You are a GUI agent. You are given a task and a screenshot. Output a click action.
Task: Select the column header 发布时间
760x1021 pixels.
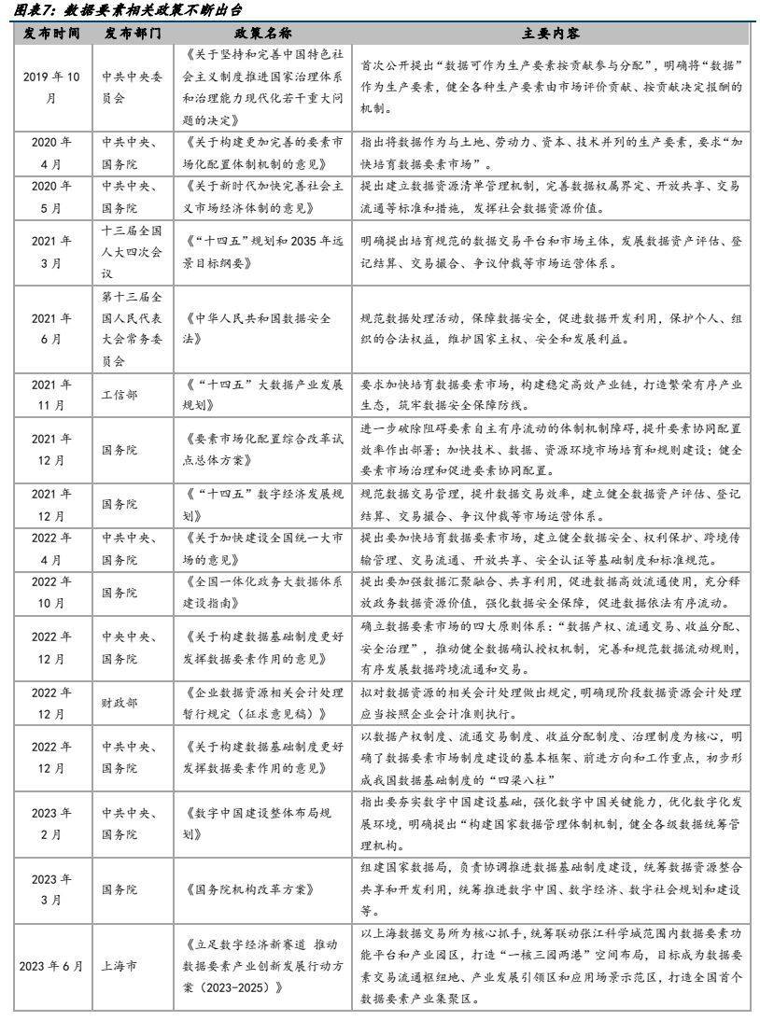51,33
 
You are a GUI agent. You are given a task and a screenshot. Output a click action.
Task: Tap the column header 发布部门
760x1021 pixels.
133,33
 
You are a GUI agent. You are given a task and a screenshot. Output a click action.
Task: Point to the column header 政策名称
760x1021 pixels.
263,33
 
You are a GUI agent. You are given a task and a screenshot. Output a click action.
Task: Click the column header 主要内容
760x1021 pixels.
552,33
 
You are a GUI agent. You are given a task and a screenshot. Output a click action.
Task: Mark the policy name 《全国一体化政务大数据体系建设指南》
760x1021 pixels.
263,593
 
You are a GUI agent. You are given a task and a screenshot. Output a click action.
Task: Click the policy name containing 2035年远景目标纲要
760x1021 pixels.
263,250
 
